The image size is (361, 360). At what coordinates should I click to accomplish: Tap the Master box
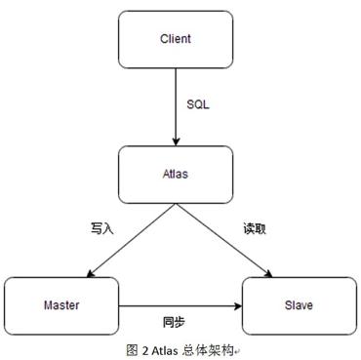coord(60,304)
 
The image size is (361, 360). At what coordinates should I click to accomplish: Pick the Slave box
coord(298,304)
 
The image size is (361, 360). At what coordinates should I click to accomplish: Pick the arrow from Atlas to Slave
coord(229,239)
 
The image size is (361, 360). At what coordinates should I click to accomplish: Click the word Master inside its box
coord(60,304)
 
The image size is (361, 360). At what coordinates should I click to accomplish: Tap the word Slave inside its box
coord(298,304)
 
